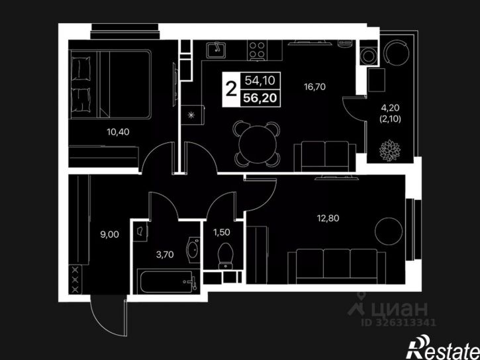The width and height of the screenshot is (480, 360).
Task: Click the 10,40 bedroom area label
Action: tap(118, 132)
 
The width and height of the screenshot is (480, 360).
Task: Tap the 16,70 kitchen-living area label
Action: tap(314, 87)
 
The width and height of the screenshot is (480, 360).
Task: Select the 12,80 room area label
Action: tap(328, 218)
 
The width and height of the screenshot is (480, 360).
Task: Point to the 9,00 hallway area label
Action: tap(110, 234)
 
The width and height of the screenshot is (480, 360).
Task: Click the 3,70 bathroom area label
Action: tap(165, 255)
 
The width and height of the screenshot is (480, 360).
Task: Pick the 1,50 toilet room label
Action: tap(222, 232)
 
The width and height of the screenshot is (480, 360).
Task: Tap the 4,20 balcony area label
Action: tap(390, 108)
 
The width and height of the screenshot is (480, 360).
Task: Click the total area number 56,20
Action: tap(260, 98)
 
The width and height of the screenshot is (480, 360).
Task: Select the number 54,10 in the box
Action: tap(260, 81)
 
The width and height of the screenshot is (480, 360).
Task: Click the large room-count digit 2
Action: tap(231, 89)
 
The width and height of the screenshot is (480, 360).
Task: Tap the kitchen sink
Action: tap(216, 50)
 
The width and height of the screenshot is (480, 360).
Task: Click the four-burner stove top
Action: tap(257, 50)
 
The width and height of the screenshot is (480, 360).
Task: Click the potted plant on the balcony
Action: tap(390, 150)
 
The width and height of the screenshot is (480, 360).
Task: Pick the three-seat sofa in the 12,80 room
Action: tap(337, 266)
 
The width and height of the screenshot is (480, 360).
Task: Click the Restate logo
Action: tap(443, 348)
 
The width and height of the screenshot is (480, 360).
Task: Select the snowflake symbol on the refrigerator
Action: tap(191, 115)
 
